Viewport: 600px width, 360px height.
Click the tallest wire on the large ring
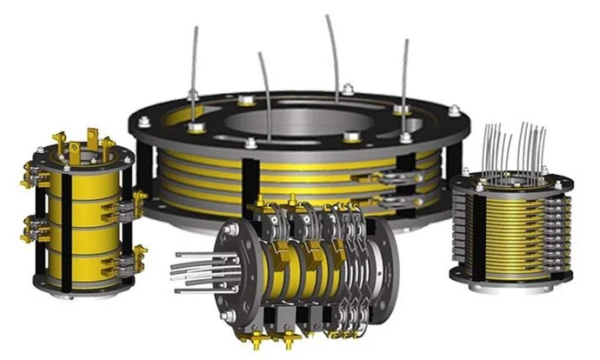tap(333, 52)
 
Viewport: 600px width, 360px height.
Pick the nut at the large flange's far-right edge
tap(453, 110)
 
